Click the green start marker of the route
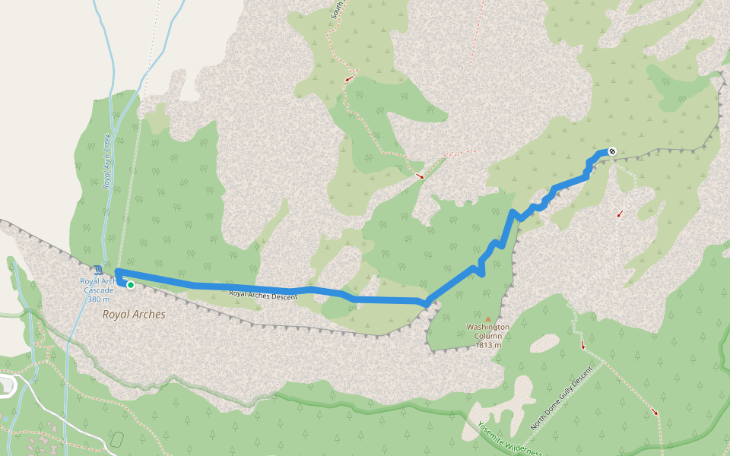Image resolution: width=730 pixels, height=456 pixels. tap(131, 285)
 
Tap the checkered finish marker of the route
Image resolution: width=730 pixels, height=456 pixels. tap(611, 151)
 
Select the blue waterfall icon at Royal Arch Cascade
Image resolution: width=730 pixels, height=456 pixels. tap(97, 270)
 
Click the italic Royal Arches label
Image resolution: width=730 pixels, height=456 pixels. tap(134, 314)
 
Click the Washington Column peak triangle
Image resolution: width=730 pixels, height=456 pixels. tap(487, 318)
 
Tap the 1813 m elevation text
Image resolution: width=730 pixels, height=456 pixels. tap(487, 345)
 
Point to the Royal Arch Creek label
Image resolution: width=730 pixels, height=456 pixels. tap(107, 161)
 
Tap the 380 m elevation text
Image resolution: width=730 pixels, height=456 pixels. tap(99, 299)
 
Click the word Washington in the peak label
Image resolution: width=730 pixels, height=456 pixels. tap(487, 328)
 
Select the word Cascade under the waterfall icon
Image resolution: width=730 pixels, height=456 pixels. tap(99, 290)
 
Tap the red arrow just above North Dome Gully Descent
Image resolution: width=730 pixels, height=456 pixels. tap(583, 345)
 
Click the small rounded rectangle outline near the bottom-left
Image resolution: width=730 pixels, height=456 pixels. tap(116, 439)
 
